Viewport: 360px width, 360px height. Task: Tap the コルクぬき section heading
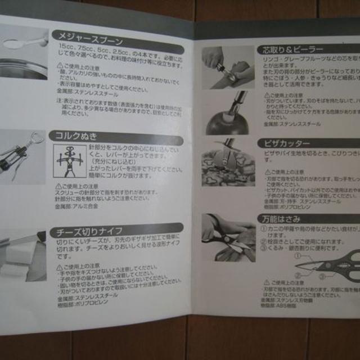(76, 136)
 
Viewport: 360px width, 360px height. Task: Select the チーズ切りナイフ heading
(96, 231)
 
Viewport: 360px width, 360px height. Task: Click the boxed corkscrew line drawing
(71, 161)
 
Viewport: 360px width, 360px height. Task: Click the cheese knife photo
(22, 253)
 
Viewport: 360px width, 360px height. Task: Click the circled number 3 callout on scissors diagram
(322, 277)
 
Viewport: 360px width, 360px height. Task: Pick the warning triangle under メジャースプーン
(60, 66)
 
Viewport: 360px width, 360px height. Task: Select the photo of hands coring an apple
(228, 67)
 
